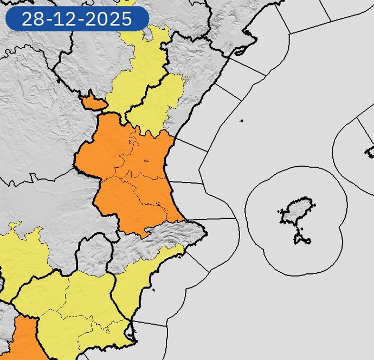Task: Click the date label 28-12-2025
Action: coord(76,19)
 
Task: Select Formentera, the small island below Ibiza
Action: coord(301,238)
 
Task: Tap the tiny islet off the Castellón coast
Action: coord(241,120)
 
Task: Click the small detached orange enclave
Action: coord(92,101)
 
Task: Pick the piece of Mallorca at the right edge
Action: coord(370,150)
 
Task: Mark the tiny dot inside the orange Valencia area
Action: coord(146,160)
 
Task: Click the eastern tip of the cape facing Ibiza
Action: coord(206,233)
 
